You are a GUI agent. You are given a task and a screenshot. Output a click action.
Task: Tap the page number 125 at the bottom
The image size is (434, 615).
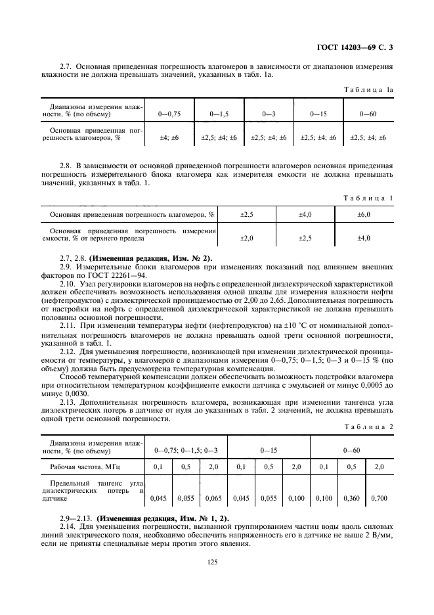click(211, 561)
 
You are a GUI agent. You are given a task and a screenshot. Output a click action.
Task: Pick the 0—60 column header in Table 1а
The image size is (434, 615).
click(368, 114)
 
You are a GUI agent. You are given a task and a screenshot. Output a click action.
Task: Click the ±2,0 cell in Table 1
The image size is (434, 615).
click(247, 237)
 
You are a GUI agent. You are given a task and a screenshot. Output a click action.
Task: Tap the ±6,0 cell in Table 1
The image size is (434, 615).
click(364, 214)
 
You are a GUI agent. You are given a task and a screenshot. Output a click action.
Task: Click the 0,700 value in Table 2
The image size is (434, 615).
click(379, 498)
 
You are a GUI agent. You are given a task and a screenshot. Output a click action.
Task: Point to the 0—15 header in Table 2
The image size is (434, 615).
click(269, 451)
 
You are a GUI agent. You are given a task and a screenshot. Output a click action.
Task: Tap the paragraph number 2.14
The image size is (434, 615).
click(68, 527)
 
